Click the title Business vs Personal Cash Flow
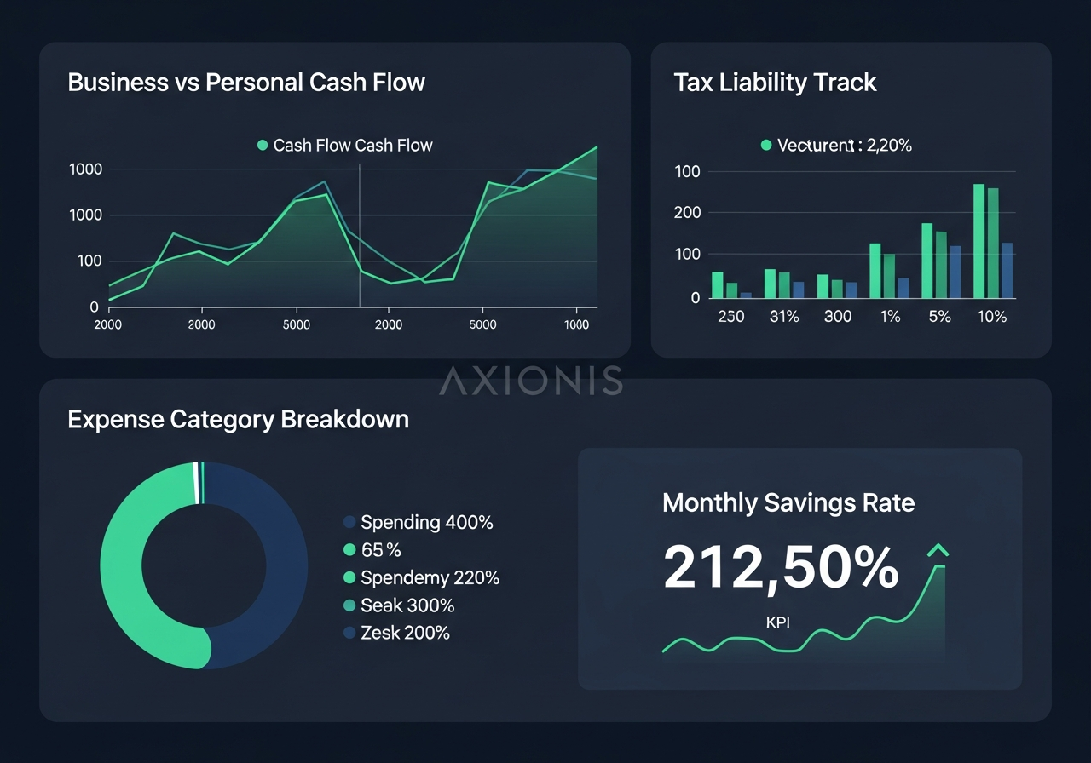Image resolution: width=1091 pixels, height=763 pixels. point(245,83)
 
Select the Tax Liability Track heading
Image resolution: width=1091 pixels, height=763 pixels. point(775,83)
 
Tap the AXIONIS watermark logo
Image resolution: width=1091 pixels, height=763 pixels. point(530,381)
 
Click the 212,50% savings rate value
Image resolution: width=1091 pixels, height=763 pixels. point(780,568)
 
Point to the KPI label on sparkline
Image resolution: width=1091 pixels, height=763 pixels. point(777,622)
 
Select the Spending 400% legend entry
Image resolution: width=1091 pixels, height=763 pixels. point(426,522)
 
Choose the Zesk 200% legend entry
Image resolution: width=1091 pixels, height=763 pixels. point(405,633)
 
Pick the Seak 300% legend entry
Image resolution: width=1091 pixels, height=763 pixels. point(407,605)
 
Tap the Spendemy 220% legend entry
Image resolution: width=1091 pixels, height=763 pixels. point(430,577)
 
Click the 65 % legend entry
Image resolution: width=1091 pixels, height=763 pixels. point(381,550)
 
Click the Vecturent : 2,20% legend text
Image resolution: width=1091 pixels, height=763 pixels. point(844,146)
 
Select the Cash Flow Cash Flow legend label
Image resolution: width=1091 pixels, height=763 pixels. point(353,146)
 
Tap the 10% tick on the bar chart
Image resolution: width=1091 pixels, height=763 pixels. point(991,317)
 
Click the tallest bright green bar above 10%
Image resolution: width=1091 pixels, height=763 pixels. point(978,241)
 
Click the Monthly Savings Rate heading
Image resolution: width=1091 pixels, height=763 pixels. point(788,502)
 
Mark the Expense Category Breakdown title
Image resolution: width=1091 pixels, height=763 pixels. point(238,420)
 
